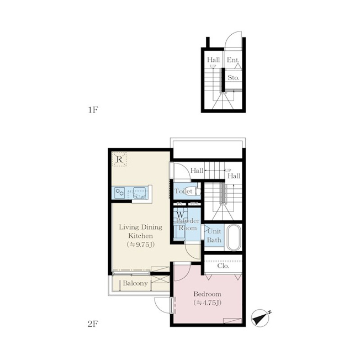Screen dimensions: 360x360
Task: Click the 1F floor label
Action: click(93, 110)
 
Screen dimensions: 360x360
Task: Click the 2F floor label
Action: click(93, 324)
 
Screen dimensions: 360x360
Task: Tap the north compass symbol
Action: click(261, 318)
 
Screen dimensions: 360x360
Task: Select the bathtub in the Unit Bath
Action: click(234, 237)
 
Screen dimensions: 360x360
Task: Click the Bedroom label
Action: click(207, 294)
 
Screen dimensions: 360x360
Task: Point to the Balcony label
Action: click(135, 283)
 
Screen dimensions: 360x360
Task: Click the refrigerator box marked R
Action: click(119, 159)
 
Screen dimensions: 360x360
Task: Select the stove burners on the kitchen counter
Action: click(120, 192)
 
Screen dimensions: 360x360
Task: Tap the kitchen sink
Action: click(139, 192)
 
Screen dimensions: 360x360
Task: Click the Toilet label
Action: click(183, 191)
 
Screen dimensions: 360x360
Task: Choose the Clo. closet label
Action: click(223, 266)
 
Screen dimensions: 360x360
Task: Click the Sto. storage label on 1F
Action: click(234, 78)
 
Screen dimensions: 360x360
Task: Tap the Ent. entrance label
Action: click(233, 60)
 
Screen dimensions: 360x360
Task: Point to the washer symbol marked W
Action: click(181, 215)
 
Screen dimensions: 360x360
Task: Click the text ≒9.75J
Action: click(140, 245)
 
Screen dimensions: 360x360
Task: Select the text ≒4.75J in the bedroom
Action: click(207, 303)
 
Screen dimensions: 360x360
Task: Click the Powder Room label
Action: click(188, 225)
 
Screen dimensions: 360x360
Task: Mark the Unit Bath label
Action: click(214, 236)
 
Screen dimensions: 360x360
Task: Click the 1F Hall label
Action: click(214, 60)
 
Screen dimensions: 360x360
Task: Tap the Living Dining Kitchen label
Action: click(140, 231)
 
